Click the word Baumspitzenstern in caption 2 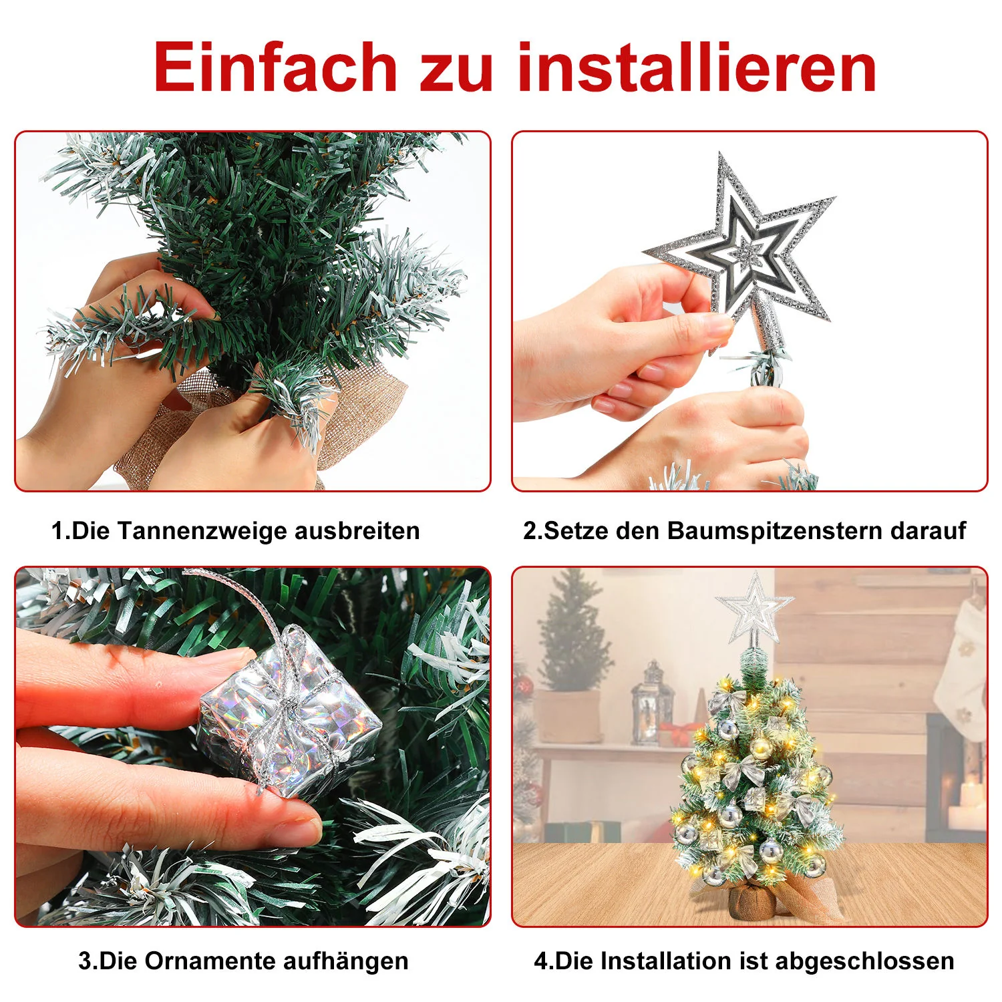pos(775,531)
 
